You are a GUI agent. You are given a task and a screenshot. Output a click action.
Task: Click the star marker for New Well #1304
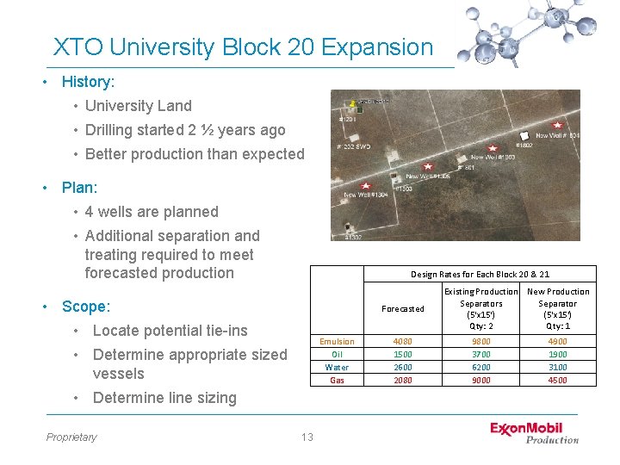pos(365,185)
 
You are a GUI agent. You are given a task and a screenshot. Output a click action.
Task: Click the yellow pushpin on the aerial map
pos(351,103)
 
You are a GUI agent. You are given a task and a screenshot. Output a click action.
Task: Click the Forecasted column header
pos(403,308)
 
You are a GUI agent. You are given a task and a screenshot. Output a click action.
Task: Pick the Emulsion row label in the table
pos(337,341)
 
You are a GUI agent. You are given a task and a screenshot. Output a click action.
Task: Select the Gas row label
pos(337,380)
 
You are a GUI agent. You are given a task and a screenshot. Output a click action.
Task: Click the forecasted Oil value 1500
pos(403,354)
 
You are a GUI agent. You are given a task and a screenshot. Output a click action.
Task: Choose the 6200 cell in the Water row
pos(480,367)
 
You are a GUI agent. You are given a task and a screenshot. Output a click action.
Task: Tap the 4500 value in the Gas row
pos(557,380)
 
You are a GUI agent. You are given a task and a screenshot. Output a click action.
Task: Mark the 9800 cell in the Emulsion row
pos(480,341)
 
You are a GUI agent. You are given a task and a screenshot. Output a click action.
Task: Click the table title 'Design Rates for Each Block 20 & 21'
pos(480,274)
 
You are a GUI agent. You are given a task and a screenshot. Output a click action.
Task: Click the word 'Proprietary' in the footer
pos(71,437)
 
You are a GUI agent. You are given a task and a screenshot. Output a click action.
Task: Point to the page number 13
pos(307,437)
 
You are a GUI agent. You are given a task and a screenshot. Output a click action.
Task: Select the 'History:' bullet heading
pos(88,82)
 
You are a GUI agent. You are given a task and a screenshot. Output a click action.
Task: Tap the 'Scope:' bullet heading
pos(86,307)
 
